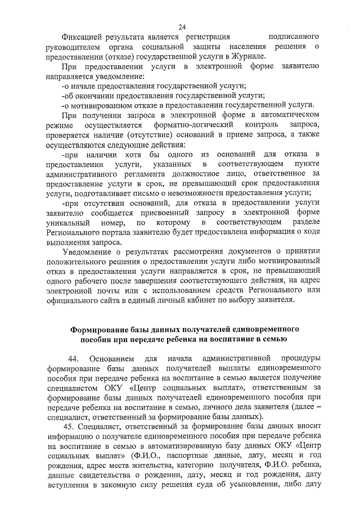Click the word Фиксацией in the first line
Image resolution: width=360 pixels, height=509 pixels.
pyautogui.click(x=84, y=37)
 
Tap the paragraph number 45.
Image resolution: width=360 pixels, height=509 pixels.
pyautogui.click(x=71, y=426)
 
